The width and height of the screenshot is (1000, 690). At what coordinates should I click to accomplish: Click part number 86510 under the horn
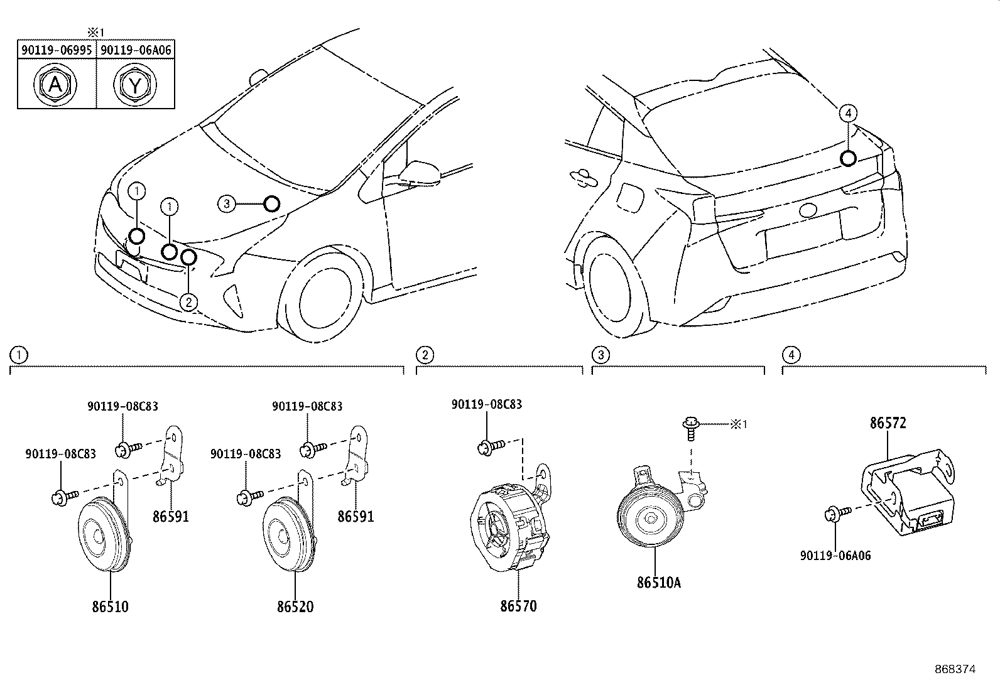[x=110, y=606]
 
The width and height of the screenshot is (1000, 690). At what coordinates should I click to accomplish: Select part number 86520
[x=295, y=606]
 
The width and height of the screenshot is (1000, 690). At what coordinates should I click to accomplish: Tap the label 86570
[x=519, y=606]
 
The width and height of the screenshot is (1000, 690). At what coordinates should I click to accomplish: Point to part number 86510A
[x=658, y=582]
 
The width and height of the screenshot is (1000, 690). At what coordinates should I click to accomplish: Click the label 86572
[x=888, y=423]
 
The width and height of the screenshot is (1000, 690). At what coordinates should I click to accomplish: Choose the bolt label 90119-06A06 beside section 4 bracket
[x=835, y=556]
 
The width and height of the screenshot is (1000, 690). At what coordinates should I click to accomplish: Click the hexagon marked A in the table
[x=55, y=85]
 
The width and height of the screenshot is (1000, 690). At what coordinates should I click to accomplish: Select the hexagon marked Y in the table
[x=136, y=85]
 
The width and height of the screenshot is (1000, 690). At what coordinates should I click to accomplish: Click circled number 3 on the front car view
[x=227, y=203]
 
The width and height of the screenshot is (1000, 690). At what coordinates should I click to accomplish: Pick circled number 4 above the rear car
[x=848, y=113]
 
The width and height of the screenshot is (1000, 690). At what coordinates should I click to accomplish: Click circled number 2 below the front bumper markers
[x=188, y=303]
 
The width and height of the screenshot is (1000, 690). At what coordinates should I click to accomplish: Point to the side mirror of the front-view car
[x=420, y=171]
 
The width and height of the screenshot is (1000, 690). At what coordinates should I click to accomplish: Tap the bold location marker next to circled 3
[x=271, y=203]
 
